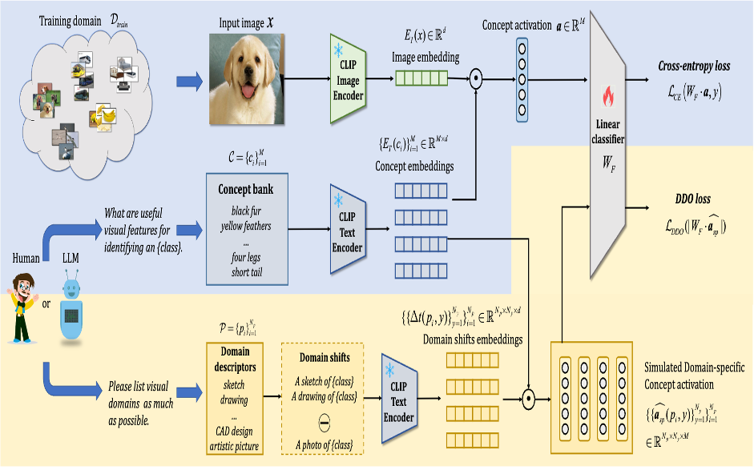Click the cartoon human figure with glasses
22,308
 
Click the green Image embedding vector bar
422,78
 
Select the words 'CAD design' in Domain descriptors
235,432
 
